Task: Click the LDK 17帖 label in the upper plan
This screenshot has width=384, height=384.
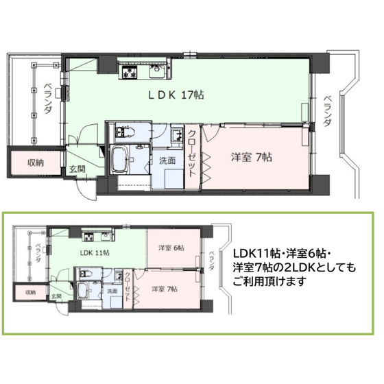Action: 176,95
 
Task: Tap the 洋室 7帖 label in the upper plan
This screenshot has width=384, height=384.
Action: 252,157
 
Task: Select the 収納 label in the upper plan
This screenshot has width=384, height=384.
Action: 36,163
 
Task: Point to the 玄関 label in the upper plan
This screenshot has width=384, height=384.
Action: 77,169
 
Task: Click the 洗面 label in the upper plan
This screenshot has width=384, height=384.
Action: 167,160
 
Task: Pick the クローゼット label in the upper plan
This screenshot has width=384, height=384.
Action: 192,154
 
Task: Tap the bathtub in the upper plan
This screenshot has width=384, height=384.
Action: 120,159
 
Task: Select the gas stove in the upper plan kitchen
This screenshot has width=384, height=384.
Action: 128,72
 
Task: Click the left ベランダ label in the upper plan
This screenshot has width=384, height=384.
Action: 48,99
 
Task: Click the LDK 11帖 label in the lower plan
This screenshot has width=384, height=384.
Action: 95,252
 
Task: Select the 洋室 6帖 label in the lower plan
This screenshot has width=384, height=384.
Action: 171,248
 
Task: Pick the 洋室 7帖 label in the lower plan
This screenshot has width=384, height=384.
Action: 165,289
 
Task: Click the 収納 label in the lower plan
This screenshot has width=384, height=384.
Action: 31,292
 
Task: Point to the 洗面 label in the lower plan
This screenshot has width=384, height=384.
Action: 112,291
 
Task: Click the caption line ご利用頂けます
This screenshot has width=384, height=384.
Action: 270,281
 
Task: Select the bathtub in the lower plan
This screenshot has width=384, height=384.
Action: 82,291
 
